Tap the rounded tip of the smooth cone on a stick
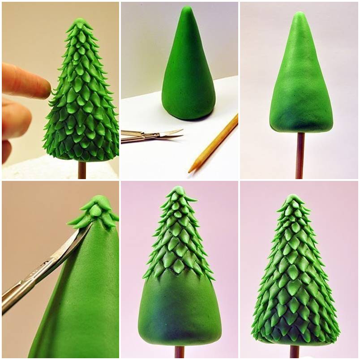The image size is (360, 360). pos(299,16)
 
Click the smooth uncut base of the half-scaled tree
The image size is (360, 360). pos(179,309)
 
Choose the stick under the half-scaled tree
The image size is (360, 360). pos(180,352)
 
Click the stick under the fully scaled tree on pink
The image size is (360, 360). pos(294,352)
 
